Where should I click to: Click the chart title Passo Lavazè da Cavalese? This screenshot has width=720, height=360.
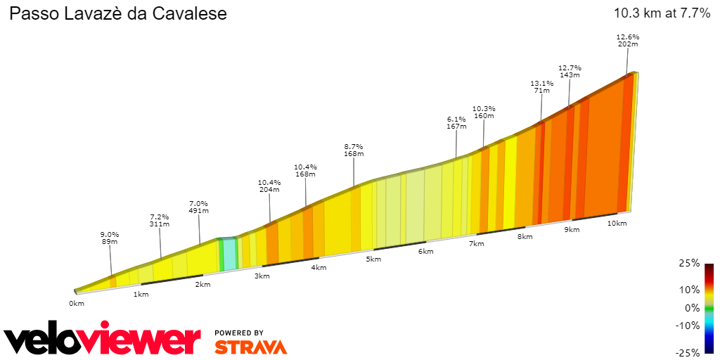(117, 14)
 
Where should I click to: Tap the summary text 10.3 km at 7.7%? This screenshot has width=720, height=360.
(662, 13)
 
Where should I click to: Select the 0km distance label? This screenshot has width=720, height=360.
(77, 304)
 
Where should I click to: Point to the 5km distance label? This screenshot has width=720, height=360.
(373, 259)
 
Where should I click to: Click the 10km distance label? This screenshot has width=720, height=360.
(617, 223)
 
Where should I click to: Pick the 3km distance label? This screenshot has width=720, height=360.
(262, 276)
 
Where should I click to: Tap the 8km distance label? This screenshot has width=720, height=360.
(525, 237)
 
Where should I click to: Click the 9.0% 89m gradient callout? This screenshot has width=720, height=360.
(109, 238)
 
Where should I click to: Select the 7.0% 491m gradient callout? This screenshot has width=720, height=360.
(199, 207)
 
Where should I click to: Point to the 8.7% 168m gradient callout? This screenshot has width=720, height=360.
(354, 150)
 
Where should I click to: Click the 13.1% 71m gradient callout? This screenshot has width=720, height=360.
(541, 86)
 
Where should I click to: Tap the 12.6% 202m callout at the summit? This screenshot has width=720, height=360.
(627, 40)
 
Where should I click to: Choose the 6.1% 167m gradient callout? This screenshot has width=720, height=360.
(456, 123)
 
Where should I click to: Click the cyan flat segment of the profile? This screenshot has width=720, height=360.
(229, 255)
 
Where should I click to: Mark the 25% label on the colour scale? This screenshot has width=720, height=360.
(691, 263)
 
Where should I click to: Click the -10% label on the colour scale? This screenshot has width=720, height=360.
(688, 326)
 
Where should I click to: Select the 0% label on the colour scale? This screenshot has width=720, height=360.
(693, 308)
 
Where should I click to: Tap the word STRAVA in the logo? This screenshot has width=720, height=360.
(250, 347)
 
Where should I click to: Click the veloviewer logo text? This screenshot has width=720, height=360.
(102, 340)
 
